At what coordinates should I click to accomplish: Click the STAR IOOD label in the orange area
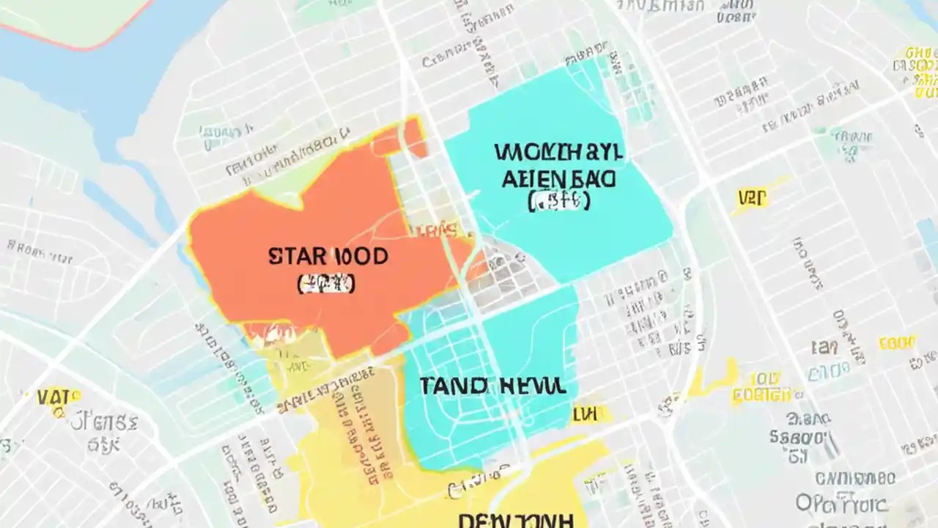(328, 257)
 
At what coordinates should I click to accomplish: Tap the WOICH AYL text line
(558, 153)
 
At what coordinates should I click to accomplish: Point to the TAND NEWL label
(492, 386)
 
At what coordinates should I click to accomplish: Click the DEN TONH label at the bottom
(515, 520)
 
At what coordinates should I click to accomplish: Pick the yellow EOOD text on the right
(897, 343)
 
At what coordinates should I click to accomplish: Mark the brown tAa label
(824, 347)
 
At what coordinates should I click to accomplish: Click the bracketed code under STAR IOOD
(327, 285)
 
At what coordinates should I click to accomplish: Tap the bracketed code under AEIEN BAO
(558, 201)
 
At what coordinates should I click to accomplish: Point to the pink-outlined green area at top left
(73, 18)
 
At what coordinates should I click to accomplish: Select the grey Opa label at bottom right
(813, 504)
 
